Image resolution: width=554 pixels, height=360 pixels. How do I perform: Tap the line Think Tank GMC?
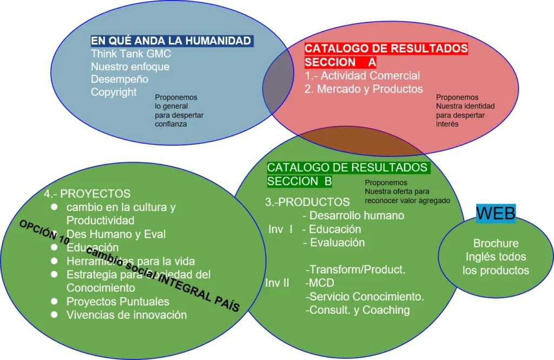pyautogui.click(x=130, y=54)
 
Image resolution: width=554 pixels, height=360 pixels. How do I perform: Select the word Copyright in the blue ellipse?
pyautogui.click(x=114, y=92)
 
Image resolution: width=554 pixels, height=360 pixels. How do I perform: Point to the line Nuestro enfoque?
pyautogui.click(x=130, y=67)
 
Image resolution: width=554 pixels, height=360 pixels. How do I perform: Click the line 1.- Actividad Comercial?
pyautogui.click(x=362, y=76)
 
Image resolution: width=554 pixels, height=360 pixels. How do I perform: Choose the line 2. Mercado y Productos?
pyautogui.click(x=364, y=89)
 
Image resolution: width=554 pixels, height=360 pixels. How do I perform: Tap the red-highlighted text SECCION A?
pyautogui.click(x=340, y=62)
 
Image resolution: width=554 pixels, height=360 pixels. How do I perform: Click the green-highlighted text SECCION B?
pyautogui.click(x=299, y=181)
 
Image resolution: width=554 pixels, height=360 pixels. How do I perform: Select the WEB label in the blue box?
pyautogui.click(x=496, y=213)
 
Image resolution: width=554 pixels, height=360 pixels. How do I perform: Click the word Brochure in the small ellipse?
pyautogui.click(x=496, y=244)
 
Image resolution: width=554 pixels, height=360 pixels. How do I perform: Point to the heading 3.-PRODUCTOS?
pyautogui.click(x=307, y=202)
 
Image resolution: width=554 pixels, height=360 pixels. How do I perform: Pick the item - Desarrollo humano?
pyautogui.click(x=357, y=215)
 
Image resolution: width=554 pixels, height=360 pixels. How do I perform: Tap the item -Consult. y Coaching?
pyautogui.click(x=358, y=310)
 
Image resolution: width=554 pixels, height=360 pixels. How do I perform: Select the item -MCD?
pyautogui.click(x=320, y=283)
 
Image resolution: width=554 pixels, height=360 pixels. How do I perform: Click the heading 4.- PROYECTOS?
pyautogui.click(x=87, y=193)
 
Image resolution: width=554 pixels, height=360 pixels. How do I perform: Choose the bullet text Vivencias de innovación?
pyautogui.click(x=127, y=315)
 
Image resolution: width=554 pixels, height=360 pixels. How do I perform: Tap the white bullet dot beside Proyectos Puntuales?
pyautogui.click(x=54, y=302)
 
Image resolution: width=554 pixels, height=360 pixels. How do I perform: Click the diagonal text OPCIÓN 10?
pyautogui.click(x=45, y=232)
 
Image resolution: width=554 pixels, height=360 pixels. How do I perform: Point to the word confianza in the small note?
pyautogui.click(x=171, y=124)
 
